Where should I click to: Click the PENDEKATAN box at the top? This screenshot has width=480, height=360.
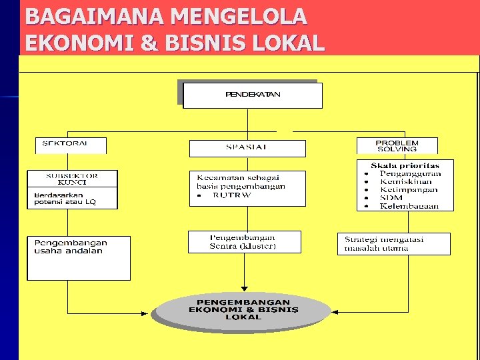(x=253, y=95)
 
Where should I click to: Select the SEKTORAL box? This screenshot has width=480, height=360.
(x=65, y=145)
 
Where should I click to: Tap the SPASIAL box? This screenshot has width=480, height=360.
(x=247, y=148)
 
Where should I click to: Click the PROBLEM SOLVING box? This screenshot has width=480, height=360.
(x=397, y=145)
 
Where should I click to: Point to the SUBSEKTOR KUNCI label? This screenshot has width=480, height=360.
(x=72, y=179)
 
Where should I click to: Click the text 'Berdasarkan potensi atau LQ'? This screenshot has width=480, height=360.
(x=65, y=198)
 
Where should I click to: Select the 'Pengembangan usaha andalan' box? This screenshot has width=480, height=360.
(x=78, y=257)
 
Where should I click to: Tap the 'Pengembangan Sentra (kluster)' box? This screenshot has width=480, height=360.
(x=244, y=241)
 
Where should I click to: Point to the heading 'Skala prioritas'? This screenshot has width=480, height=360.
(x=405, y=165)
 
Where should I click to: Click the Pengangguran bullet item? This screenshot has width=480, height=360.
(x=410, y=174)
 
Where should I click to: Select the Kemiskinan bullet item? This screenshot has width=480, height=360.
(x=406, y=182)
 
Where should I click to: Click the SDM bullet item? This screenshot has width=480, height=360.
(x=391, y=198)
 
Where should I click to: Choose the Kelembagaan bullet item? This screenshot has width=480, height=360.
(x=409, y=206)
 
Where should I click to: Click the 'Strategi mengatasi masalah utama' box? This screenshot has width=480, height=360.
(x=394, y=243)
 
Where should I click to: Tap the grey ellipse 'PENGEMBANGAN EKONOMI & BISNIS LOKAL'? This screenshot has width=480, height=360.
(x=243, y=310)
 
